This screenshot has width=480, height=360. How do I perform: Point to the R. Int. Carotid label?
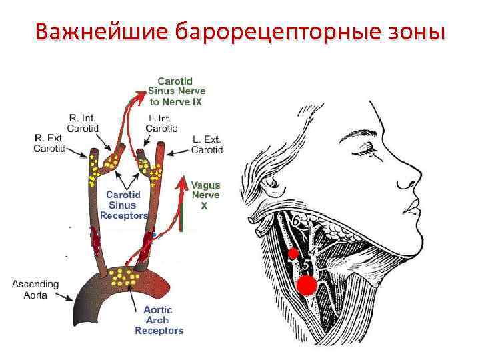coord(84,123)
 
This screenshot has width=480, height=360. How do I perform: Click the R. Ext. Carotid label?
coord(49,143)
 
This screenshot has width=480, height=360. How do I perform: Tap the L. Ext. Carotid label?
coord(206,145)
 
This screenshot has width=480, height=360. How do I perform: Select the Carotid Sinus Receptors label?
coord(123,205)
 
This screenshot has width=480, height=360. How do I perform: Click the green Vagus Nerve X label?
coord(205,196)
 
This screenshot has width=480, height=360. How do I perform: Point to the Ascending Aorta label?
coord(35,289)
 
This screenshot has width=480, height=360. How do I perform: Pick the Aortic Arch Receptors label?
coord(159,320)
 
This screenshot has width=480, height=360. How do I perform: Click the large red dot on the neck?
coord(306,285)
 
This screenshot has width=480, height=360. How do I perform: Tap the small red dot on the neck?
coord(292,254)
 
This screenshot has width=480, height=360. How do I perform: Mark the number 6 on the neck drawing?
coord(295,221)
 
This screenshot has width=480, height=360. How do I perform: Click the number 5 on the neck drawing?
coord(306,265)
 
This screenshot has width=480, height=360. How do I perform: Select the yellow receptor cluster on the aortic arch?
coord(123,275)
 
